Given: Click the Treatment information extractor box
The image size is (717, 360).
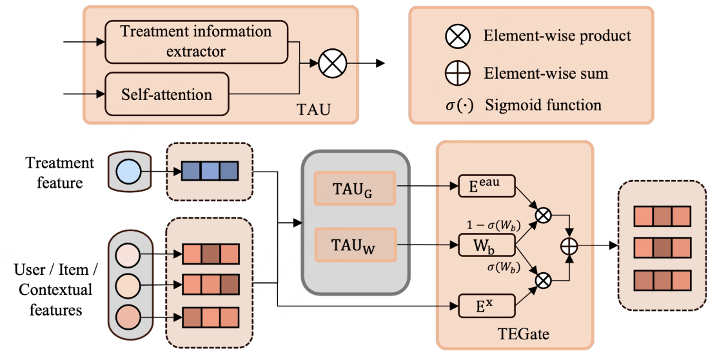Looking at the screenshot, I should click(196, 41).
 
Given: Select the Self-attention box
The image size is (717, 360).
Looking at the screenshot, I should click(166, 94).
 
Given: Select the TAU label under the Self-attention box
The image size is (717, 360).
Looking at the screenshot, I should click(315, 109).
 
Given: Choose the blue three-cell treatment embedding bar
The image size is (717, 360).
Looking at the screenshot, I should click(210, 171).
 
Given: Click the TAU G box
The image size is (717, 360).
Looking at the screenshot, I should click(354, 187).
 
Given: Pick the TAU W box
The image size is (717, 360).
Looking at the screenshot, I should click(354, 245).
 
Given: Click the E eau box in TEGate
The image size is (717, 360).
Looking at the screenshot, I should click(487, 187).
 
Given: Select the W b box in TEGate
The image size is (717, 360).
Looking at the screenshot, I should click(487, 245).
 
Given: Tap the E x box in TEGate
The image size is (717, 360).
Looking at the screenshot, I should click(487, 305).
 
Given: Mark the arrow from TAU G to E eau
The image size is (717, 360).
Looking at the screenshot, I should click(426, 187).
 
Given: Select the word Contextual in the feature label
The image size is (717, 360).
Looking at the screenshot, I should click(55, 290).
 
